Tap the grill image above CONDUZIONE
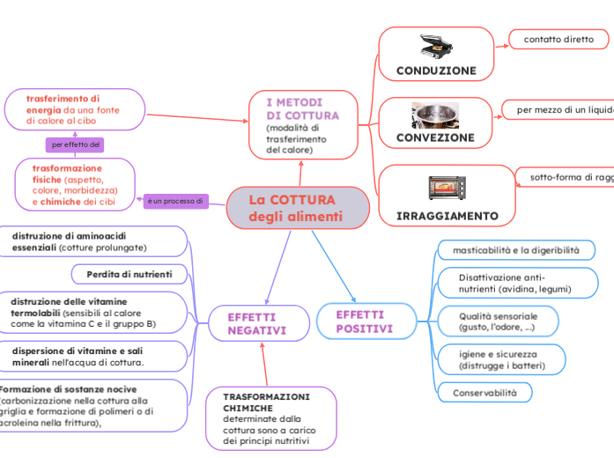435,47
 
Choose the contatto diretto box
559,40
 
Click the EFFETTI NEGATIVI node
258,323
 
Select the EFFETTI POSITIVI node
365,321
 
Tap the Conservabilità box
485,392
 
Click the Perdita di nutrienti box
129,275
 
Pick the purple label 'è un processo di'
175,202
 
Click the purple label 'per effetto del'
77,144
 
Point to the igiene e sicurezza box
502,359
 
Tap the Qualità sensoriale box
499,321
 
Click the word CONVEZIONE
435,138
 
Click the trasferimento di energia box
74,110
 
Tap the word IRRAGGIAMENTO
447,216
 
